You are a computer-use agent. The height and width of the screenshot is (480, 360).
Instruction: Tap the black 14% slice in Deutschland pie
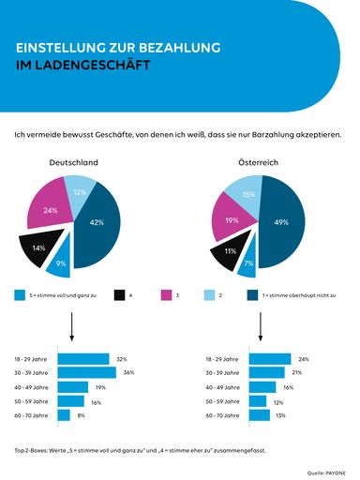39,249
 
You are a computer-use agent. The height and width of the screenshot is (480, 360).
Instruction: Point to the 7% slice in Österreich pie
247,264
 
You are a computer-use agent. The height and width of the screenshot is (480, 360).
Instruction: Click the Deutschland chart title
73,162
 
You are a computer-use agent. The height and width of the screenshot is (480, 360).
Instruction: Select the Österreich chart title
260,162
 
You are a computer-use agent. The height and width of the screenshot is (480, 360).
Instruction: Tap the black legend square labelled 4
120,294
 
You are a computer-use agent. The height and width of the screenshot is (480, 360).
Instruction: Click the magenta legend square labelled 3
167,294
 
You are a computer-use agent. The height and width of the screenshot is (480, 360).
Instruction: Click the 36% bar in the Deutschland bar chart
85,373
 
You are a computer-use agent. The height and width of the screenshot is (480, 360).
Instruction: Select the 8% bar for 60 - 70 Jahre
64,414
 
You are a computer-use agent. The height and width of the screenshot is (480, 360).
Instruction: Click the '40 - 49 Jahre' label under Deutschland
31,387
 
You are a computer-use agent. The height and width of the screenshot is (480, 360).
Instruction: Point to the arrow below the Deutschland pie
72,327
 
